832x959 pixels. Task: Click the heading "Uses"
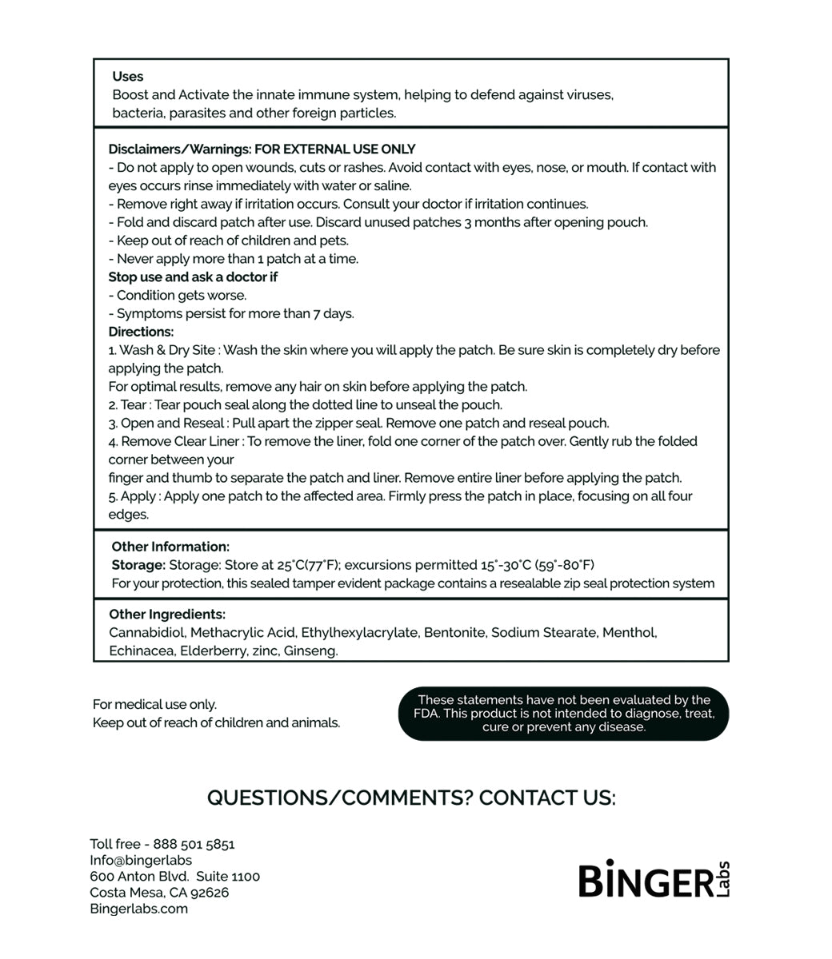(127, 77)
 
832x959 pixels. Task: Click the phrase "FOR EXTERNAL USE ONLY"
(334, 149)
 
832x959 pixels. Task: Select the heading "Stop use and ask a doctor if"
(193, 277)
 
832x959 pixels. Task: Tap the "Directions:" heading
(141, 332)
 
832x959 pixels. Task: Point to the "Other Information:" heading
(170, 547)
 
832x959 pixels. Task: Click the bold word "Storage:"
(138, 565)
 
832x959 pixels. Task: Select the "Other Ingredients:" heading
(167, 615)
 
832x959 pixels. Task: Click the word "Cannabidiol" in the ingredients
(146, 633)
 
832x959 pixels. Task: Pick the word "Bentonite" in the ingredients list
(454, 633)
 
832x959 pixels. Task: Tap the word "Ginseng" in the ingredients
(310, 651)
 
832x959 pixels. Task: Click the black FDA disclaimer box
(563, 714)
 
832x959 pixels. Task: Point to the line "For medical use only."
(154, 705)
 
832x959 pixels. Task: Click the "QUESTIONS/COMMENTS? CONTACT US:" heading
(411, 798)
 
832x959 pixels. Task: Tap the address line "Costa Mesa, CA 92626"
(159, 893)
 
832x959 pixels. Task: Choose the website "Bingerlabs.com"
(138, 909)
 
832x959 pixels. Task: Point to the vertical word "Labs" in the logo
(722, 879)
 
